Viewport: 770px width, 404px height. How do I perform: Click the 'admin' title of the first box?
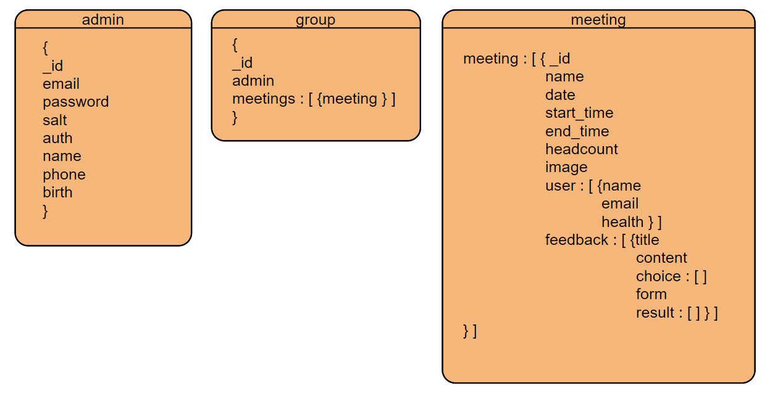pos(103,20)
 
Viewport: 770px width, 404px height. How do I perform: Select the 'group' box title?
pos(316,20)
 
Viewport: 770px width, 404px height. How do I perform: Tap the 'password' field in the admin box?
pos(75,102)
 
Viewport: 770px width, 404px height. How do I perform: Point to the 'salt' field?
pos(54,120)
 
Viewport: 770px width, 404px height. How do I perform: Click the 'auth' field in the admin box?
pos(57,138)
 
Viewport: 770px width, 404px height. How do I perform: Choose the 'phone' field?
pos(64,175)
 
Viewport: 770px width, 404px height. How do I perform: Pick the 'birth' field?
pos(57,192)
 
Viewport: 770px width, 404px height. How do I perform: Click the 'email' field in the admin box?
pos(61,84)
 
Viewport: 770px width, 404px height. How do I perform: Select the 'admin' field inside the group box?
pos(253,81)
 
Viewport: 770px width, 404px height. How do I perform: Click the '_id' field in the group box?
pos(242,63)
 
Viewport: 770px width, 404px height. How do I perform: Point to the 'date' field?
pos(560,95)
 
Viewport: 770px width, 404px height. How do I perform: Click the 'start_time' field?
pos(579,113)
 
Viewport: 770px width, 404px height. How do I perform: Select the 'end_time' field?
pos(577,131)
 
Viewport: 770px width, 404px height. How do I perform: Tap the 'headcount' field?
pos(581,149)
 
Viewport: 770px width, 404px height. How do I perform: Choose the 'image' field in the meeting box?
pos(566,167)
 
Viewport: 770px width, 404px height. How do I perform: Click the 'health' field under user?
pos(622,222)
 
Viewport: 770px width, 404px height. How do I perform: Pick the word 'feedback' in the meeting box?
pos(577,240)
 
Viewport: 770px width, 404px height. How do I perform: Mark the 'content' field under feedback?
pos(661,258)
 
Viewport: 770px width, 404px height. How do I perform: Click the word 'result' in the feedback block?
pos(655,313)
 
